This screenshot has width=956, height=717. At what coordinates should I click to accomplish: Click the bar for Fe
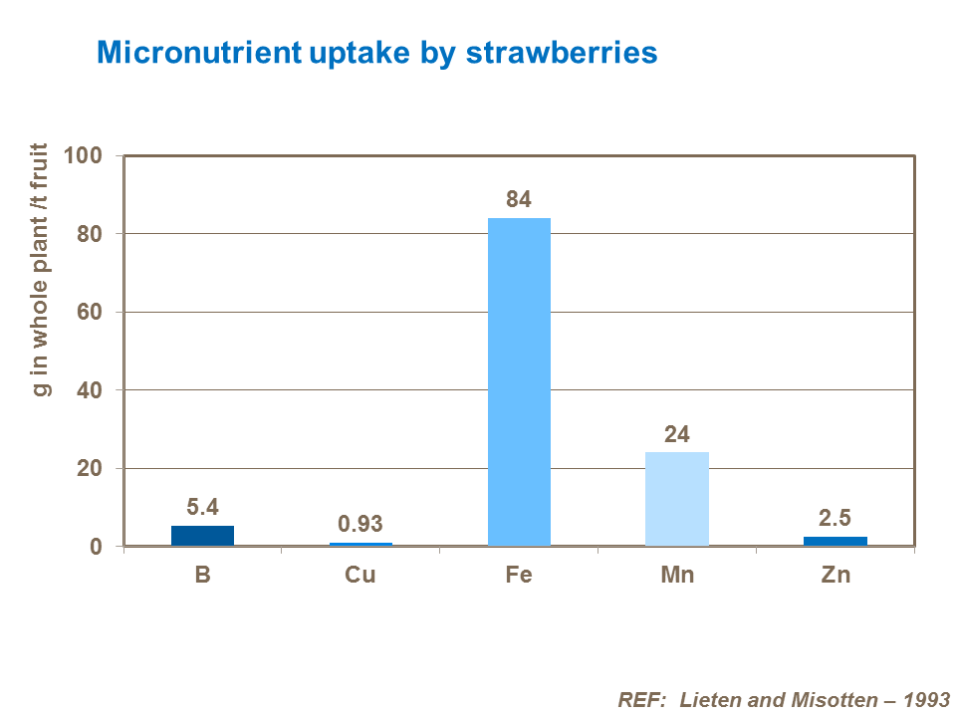[x=519, y=381]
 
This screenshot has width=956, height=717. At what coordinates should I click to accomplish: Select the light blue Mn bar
[x=677, y=498]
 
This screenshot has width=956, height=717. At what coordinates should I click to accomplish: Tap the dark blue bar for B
[x=202, y=535]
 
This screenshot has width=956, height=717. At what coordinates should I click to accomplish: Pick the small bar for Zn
[x=836, y=541]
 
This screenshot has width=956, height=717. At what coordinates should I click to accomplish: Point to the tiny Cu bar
[x=360, y=544]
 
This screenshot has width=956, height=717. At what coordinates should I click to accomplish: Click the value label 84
[x=519, y=199]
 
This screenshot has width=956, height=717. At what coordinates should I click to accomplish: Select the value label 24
[x=677, y=434]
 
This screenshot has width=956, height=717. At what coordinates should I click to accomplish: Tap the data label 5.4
[x=202, y=507]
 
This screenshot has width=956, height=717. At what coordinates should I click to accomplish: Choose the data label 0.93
[x=360, y=524]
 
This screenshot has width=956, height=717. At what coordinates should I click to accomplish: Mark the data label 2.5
[x=836, y=518]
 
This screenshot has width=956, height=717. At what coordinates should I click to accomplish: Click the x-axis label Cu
[x=360, y=576]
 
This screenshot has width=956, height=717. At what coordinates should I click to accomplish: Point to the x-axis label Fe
[x=519, y=576]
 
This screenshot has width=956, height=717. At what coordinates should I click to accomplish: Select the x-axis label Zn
[x=836, y=576]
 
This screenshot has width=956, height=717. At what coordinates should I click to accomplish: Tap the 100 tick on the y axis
[x=83, y=156]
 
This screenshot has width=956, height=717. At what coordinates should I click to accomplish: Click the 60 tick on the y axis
[x=90, y=313]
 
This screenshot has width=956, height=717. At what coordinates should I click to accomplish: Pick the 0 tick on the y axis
[x=97, y=547]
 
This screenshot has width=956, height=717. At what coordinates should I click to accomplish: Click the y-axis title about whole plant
[x=41, y=269]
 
